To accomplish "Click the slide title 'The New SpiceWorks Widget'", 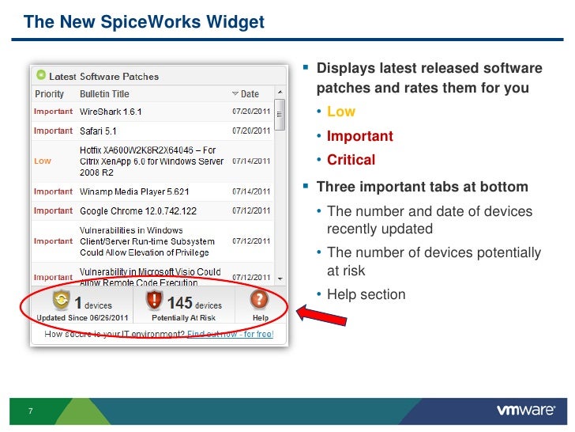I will click(x=144, y=22).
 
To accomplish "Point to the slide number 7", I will click(x=30, y=411).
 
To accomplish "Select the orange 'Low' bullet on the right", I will click(x=341, y=112).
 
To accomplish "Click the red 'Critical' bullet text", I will click(x=351, y=160).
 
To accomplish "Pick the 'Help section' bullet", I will click(x=366, y=294).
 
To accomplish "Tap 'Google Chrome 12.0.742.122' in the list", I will click(x=138, y=211).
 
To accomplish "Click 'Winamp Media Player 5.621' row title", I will click(x=134, y=191).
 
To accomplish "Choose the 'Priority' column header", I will click(x=49, y=94).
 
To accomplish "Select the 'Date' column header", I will click(x=249, y=94).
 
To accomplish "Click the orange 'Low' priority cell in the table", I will click(x=42, y=161).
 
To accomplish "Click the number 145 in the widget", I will click(x=180, y=304).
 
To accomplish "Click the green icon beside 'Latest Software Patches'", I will click(x=40, y=76).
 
